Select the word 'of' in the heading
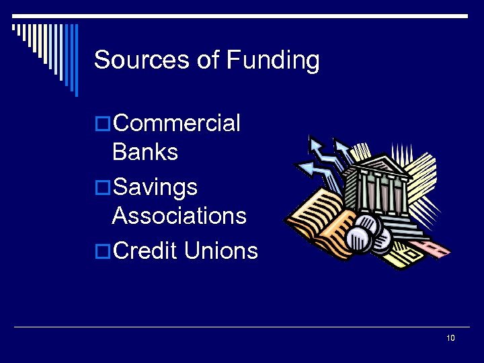point(208,61)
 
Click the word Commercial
point(177,124)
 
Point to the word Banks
point(145,152)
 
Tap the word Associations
point(179,216)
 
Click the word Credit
point(145,251)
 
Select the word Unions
point(221,251)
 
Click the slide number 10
point(450,337)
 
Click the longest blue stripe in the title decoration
point(76,61)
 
